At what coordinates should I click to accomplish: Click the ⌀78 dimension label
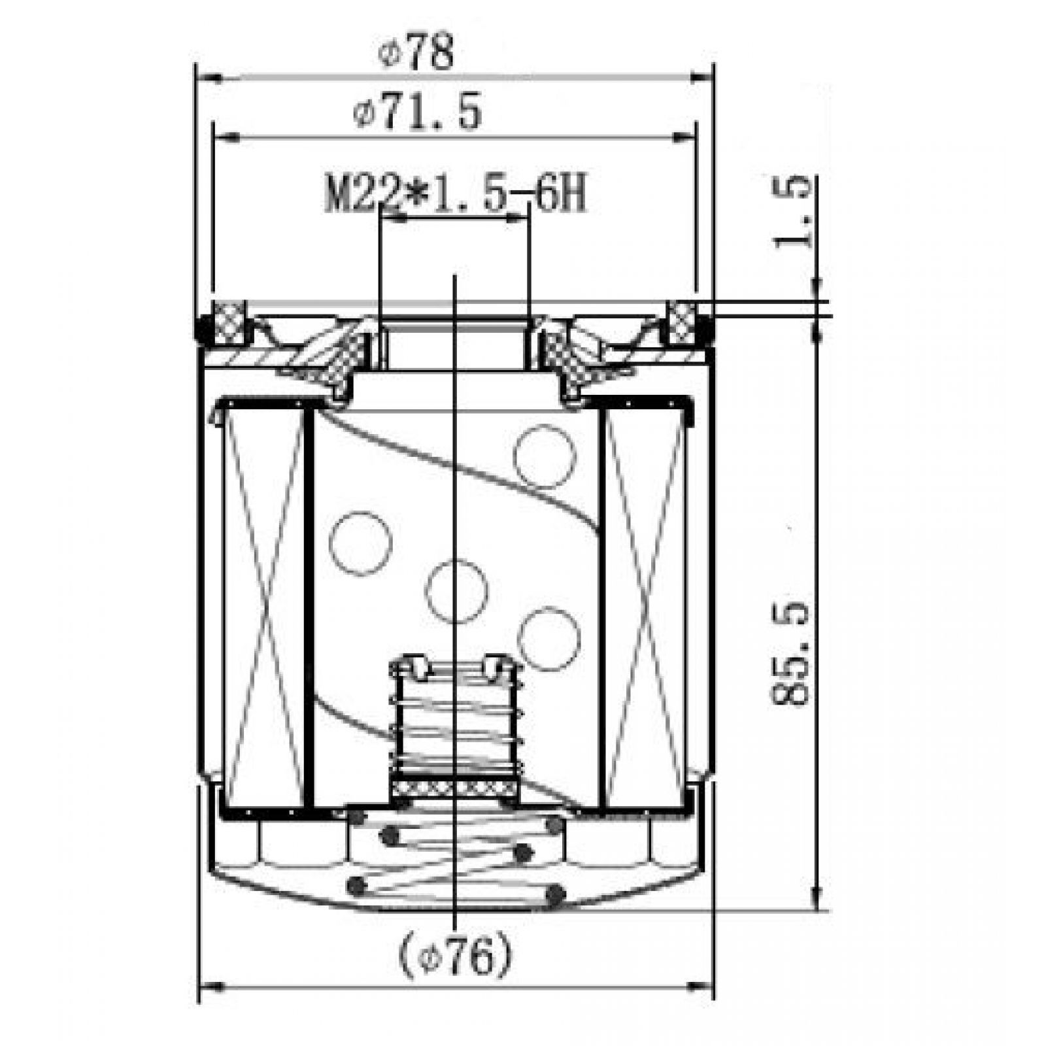(x=416, y=54)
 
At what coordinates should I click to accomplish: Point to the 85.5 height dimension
(x=790, y=654)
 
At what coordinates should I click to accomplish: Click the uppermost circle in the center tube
(x=545, y=456)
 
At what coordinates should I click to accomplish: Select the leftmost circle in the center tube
(x=360, y=544)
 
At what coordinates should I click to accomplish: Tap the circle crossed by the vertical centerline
(x=456, y=592)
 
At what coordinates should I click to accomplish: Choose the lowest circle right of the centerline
(x=549, y=639)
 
